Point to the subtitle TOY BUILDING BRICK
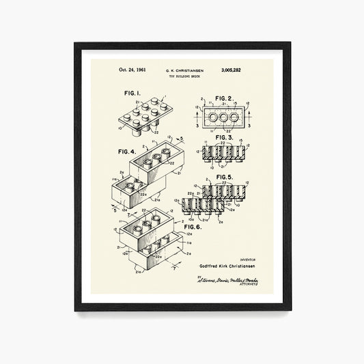(184, 76)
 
